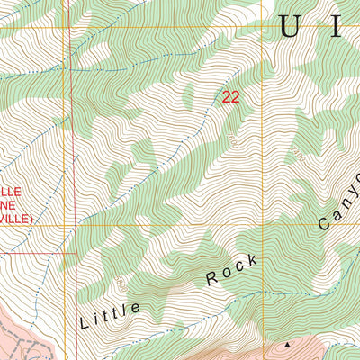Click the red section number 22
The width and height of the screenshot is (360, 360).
[x=230, y=97]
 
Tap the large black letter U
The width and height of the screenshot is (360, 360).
[x=290, y=27]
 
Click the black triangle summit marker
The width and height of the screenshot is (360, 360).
[x=288, y=344]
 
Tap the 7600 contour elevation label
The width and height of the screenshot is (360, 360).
[x=232, y=141]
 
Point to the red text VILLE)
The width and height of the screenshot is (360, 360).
[x=16, y=219]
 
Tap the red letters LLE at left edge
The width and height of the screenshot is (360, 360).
[x=9, y=192]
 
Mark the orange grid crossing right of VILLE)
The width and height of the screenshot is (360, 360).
[x=67, y=225]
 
